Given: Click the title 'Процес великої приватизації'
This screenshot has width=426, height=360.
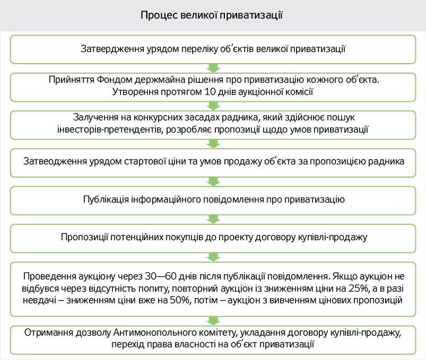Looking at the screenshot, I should (x=213, y=14).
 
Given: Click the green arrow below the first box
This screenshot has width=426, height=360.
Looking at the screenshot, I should (x=213, y=67).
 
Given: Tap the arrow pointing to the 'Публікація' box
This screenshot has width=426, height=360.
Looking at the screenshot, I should (x=213, y=181).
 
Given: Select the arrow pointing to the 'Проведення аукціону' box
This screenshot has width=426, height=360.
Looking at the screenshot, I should (x=213, y=257).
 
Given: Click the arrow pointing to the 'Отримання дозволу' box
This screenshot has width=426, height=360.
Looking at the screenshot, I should (x=213, y=319).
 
